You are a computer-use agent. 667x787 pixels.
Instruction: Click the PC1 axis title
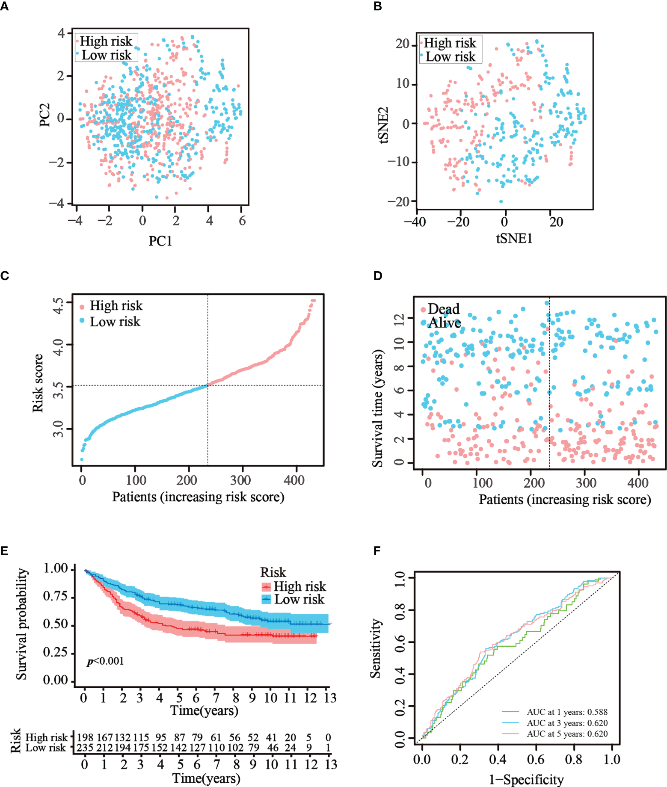click(160, 241)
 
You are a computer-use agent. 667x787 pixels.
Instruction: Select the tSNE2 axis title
click(383, 124)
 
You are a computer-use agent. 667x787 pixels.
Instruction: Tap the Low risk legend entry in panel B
click(450, 57)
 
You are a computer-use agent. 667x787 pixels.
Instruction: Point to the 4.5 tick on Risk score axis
click(58, 306)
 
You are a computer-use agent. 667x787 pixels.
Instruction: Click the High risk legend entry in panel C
click(116, 306)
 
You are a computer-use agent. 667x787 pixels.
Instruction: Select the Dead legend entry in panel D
click(443, 309)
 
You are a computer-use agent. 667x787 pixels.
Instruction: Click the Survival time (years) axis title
click(377, 408)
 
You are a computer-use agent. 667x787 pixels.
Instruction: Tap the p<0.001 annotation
click(105, 661)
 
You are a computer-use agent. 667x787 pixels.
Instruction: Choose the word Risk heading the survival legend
click(273, 572)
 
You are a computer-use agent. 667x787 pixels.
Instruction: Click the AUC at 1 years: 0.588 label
click(567, 712)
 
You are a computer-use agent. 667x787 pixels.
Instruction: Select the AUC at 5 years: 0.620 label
click(567, 734)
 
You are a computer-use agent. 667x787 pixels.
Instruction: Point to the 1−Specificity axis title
click(526, 779)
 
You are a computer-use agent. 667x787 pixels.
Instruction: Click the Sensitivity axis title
click(375, 648)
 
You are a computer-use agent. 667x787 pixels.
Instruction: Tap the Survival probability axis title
click(21, 624)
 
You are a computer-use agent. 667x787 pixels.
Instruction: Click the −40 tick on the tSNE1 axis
click(415, 222)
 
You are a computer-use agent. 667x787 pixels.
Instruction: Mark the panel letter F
click(377, 550)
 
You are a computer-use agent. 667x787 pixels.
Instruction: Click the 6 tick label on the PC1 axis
click(242, 221)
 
